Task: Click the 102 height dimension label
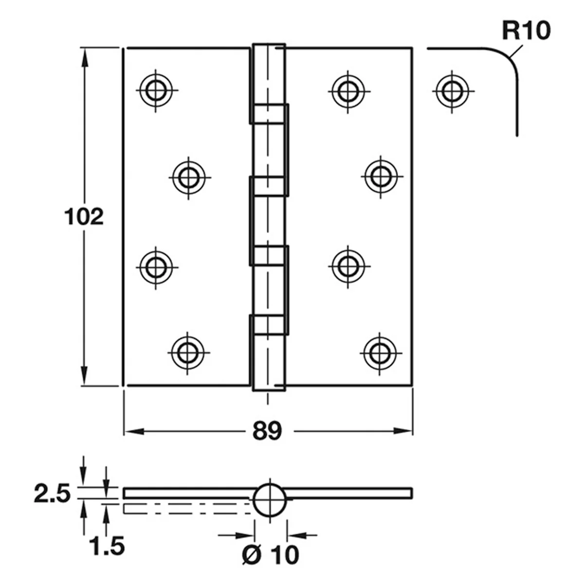[x=84, y=217]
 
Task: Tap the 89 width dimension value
[x=267, y=431]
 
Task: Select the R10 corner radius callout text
[x=527, y=31]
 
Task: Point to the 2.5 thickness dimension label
[x=52, y=493]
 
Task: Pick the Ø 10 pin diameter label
[x=271, y=555]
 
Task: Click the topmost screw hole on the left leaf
[x=156, y=91]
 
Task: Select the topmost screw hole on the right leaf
[x=348, y=91]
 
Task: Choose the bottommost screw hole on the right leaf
[x=380, y=353]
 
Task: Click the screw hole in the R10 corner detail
[x=452, y=91]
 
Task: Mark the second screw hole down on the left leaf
[x=189, y=178]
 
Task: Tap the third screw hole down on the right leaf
[x=348, y=266]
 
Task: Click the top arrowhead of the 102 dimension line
[x=84, y=58]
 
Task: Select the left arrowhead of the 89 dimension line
[x=134, y=431]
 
